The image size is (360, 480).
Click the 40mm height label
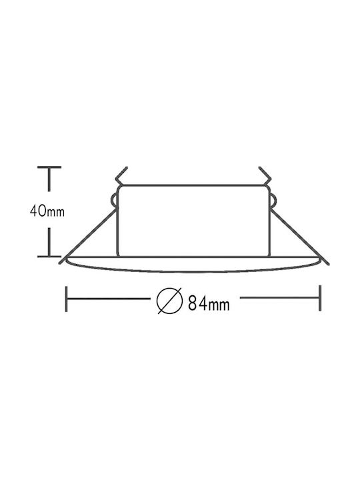pyautogui.click(x=47, y=211)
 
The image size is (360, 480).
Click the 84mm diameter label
pyautogui.click(x=209, y=303)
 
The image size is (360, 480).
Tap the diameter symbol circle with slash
pyautogui.click(x=169, y=301)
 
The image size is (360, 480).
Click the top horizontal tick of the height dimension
pyautogui.click(x=49, y=167)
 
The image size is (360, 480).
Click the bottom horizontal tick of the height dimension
pyautogui.click(x=49, y=256)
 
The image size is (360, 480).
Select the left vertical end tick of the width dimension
pyautogui.click(x=67, y=299)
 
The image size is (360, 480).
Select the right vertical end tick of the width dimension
pyautogui.click(x=320, y=298)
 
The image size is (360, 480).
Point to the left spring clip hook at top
pyautogui.click(x=121, y=176)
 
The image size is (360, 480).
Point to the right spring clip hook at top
pyautogui.click(x=265, y=176)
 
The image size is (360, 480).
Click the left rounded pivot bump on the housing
pyautogui.click(x=113, y=201)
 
